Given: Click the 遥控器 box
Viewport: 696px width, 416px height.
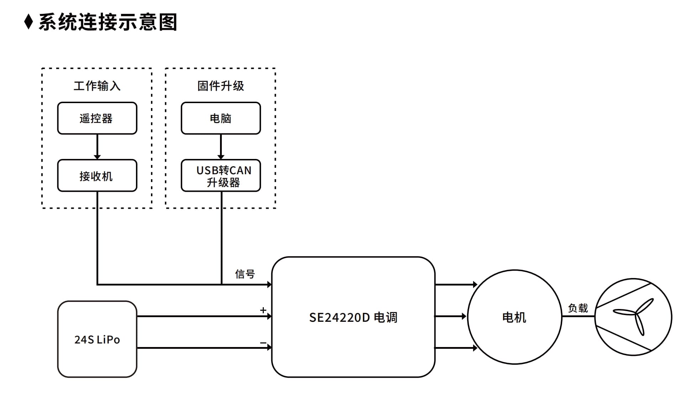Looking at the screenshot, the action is (97, 118).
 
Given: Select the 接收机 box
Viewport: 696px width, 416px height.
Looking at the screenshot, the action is (97, 176).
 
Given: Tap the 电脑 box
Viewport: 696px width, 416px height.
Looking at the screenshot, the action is (221, 118).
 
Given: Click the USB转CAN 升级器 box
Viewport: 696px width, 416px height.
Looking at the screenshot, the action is (221, 176).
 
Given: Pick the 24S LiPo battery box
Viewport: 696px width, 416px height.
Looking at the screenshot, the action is (97, 339).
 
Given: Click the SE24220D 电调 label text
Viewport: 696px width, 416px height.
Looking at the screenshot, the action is (353, 317).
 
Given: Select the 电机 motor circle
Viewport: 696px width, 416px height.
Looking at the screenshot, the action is (514, 317).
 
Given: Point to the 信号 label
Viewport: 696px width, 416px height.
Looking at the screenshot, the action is (245, 274).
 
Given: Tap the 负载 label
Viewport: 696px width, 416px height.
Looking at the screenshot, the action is (578, 308).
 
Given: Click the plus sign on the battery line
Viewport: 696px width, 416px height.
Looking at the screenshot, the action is (263, 310).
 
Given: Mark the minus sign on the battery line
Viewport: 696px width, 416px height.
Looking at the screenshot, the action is (263, 343).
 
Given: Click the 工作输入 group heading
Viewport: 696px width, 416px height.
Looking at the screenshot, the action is (97, 86).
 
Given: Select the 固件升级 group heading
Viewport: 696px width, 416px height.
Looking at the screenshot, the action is (221, 86).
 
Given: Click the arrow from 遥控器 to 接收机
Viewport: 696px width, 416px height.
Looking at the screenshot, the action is (97, 147).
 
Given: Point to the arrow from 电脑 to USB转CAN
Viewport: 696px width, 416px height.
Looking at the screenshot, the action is (221, 147).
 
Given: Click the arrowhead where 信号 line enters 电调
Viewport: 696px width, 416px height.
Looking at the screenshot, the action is (269, 284).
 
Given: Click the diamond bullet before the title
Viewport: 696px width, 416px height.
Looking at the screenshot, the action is (28, 22).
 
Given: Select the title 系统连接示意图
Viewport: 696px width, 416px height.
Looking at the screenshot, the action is (108, 22).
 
